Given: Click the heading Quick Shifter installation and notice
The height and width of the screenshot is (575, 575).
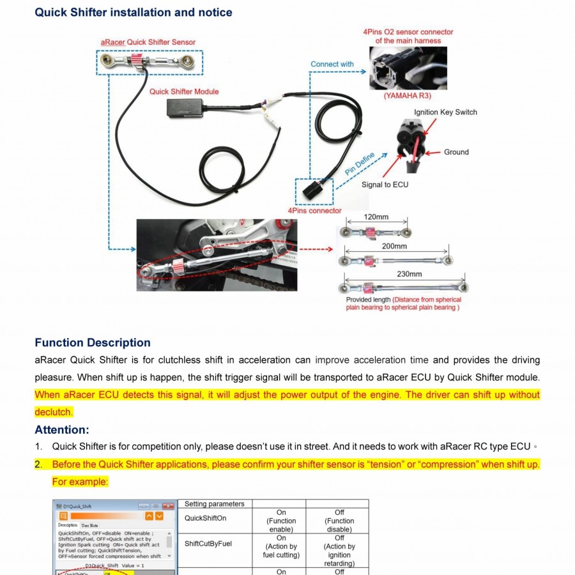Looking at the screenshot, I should point(134,12).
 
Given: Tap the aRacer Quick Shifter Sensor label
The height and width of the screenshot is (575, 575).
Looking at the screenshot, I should point(148,42).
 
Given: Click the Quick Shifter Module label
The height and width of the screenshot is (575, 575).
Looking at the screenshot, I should point(184,91).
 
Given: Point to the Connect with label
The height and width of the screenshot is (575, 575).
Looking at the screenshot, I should point(332,64).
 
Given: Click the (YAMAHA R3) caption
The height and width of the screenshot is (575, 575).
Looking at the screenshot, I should point(407,96).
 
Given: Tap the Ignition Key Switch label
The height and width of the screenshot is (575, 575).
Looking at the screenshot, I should point(445,112).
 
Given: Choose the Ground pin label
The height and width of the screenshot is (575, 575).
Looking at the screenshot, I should point(456,152).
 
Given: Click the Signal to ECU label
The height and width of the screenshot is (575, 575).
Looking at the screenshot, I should point(385,185).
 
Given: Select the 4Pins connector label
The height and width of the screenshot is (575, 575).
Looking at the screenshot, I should point(314,210).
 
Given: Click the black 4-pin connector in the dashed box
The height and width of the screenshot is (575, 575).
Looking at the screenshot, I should point(314,190).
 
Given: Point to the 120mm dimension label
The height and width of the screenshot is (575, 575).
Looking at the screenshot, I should point(376,217).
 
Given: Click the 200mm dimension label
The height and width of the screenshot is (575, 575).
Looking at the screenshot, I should point(394,246).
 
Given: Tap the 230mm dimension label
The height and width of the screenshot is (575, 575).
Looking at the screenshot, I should point(409,274).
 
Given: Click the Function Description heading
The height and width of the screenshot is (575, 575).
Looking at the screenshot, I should point(93,342).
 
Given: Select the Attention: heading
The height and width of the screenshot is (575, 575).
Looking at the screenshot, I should point(62,429).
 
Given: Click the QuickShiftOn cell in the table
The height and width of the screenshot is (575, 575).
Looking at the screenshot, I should point(205,518).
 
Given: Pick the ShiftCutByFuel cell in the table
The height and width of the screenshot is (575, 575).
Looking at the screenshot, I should point(208,544).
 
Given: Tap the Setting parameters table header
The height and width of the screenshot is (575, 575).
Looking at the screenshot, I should point(214,504).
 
